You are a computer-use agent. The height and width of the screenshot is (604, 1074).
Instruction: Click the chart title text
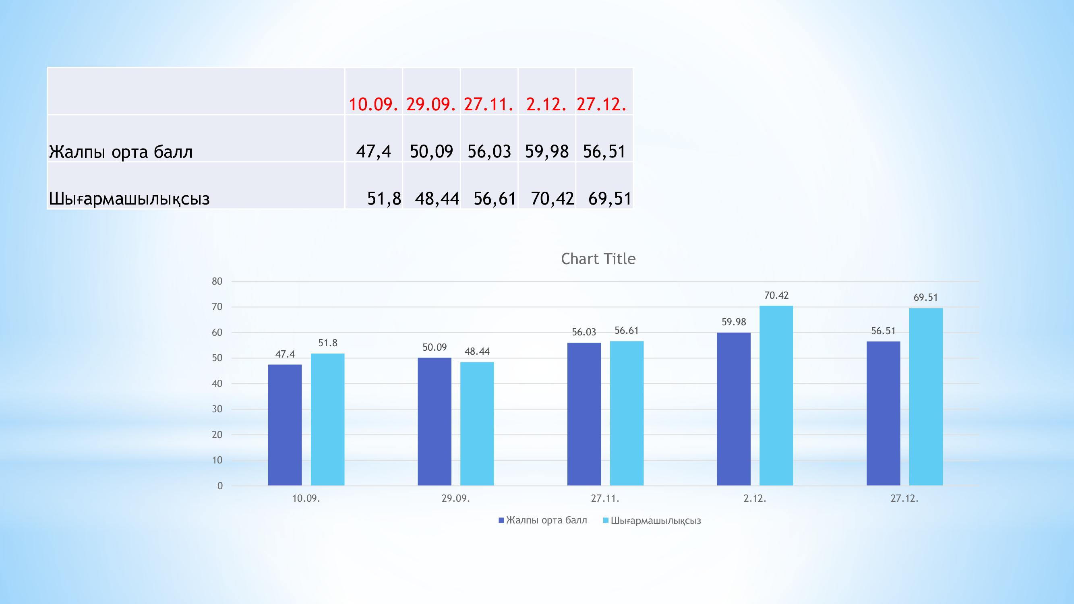[x=598, y=259]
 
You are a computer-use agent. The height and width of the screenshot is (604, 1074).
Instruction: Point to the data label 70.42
[x=776, y=296]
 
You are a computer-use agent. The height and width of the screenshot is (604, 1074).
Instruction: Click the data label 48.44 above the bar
[x=477, y=352]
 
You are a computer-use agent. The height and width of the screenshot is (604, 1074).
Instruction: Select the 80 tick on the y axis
[x=217, y=281]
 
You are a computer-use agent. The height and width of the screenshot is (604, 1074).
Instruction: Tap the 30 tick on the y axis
[x=217, y=409]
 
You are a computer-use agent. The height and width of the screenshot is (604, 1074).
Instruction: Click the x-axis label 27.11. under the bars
[x=605, y=499]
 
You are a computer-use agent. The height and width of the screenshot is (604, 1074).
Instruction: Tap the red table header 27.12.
[x=602, y=104]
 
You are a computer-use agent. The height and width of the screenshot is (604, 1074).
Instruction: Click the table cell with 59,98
[x=546, y=151]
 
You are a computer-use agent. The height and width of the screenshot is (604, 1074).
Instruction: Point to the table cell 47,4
[x=374, y=151]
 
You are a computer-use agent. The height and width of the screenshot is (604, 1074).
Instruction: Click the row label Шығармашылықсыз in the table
[x=129, y=199]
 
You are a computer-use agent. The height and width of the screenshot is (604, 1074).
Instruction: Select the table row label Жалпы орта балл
[x=121, y=152]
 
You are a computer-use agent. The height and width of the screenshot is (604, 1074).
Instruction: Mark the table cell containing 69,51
[x=610, y=199]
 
